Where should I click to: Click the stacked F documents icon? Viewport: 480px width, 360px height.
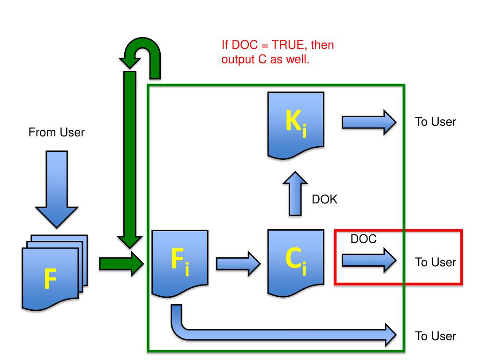click(x=55, y=272)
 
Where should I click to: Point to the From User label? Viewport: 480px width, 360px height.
click(x=56, y=132)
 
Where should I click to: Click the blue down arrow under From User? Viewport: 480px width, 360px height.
click(x=57, y=189)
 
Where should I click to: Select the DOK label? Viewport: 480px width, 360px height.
click(x=324, y=199)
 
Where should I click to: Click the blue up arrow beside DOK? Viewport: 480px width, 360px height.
click(x=295, y=194)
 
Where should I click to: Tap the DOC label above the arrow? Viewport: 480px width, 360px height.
click(x=363, y=239)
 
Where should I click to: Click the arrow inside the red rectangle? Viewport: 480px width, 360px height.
click(x=369, y=260)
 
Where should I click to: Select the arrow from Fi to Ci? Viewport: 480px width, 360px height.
click(x=238, y=263)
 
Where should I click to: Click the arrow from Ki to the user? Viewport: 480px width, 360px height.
click(x=369, y=122)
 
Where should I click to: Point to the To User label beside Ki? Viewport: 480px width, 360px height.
click(x=435, y=122)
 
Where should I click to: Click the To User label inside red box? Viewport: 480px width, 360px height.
click(x=435, y=262)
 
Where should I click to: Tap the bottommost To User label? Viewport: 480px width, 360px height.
click(x=435, y=336)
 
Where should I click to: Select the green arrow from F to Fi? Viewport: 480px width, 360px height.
click(x=121, y=263)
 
